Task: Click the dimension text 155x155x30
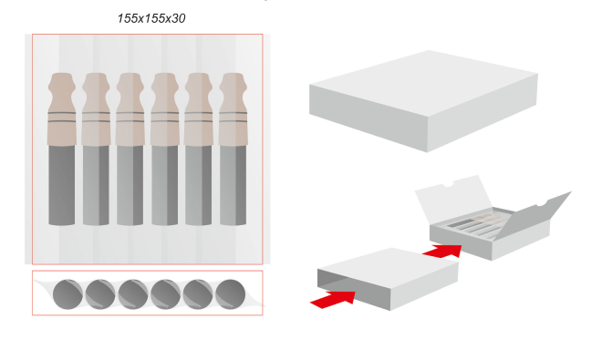(x=151, y=18)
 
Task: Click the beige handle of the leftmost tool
(x=62, y=108)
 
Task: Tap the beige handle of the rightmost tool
(x=233, y=108)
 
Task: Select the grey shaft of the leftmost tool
(x=62, y=185)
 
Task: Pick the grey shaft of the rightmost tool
(x=233, y=185)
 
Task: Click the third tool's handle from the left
(x=130, y=108)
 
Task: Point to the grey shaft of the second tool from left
(x=96, y=185)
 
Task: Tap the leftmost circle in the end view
(x=67, y=294)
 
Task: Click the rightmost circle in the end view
(x=230, y=294)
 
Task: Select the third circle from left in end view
(x=132, y=294)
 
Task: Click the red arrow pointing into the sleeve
(x=333, y=299)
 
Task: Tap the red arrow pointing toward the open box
(x=443, y=251)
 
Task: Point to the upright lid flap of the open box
(x=452, y=199)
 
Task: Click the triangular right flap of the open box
(x=535, y=216)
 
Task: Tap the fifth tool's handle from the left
(x=199, y=108)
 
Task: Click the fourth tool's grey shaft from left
(x=165, y=185)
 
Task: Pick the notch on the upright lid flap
(x=448, y=184)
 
